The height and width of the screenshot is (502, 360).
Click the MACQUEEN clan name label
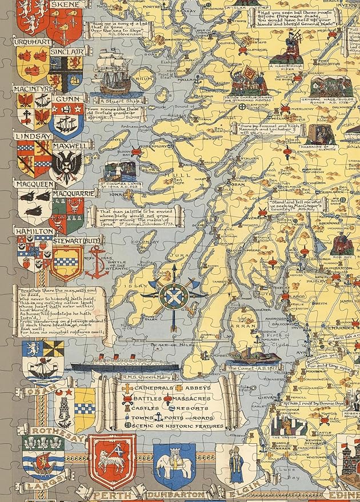click(x=33, y=185)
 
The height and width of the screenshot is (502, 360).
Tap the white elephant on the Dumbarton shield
click(x=174, y=463)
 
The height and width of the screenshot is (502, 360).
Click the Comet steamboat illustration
click(x=246, y=355)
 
